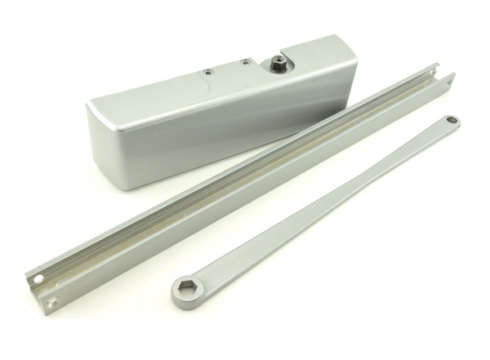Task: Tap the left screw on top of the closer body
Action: [208, 73]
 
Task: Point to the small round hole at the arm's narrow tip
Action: [451, 121]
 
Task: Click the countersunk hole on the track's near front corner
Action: [53, 302]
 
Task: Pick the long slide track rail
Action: [245, 184]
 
